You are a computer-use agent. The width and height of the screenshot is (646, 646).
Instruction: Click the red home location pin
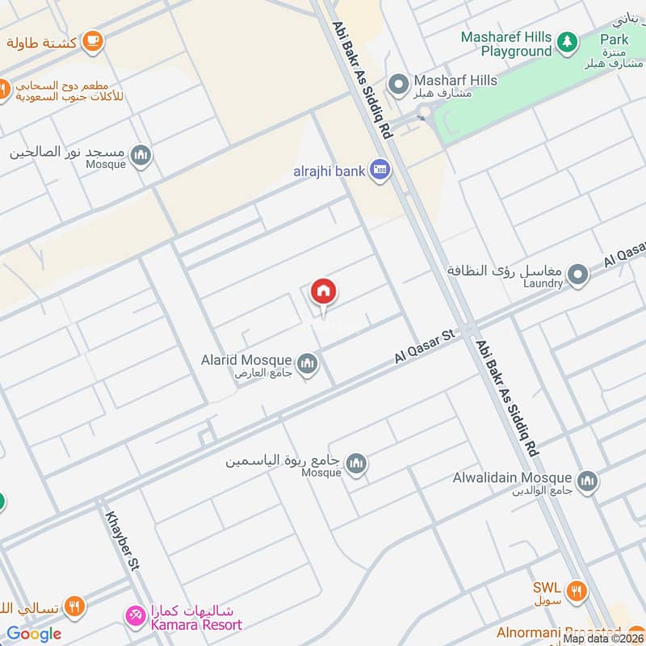click(x=324, y=292)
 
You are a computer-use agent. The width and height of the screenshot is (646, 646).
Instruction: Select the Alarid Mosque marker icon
click(x=307, y=365)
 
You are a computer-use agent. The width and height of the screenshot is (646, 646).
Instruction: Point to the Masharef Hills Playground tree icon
click(x=568, y=42)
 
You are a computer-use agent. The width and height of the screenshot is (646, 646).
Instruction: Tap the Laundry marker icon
click(x=577, y=276)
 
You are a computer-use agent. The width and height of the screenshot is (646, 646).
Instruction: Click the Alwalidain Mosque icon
click(x=588, y=481)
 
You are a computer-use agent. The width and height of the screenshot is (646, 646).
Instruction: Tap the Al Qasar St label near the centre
click(x=426, y=344)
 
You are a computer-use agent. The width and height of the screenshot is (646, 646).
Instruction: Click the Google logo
click(x=34, y=634)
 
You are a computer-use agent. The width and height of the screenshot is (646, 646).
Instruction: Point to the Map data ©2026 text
click(x=603, y=638)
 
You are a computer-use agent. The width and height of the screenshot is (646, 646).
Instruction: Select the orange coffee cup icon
click(x=93, y=40)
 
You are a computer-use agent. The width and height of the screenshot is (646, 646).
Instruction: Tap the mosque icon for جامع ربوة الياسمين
click(x=356, y=464)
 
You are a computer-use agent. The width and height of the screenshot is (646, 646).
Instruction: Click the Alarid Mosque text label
click(x=247, y=360)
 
